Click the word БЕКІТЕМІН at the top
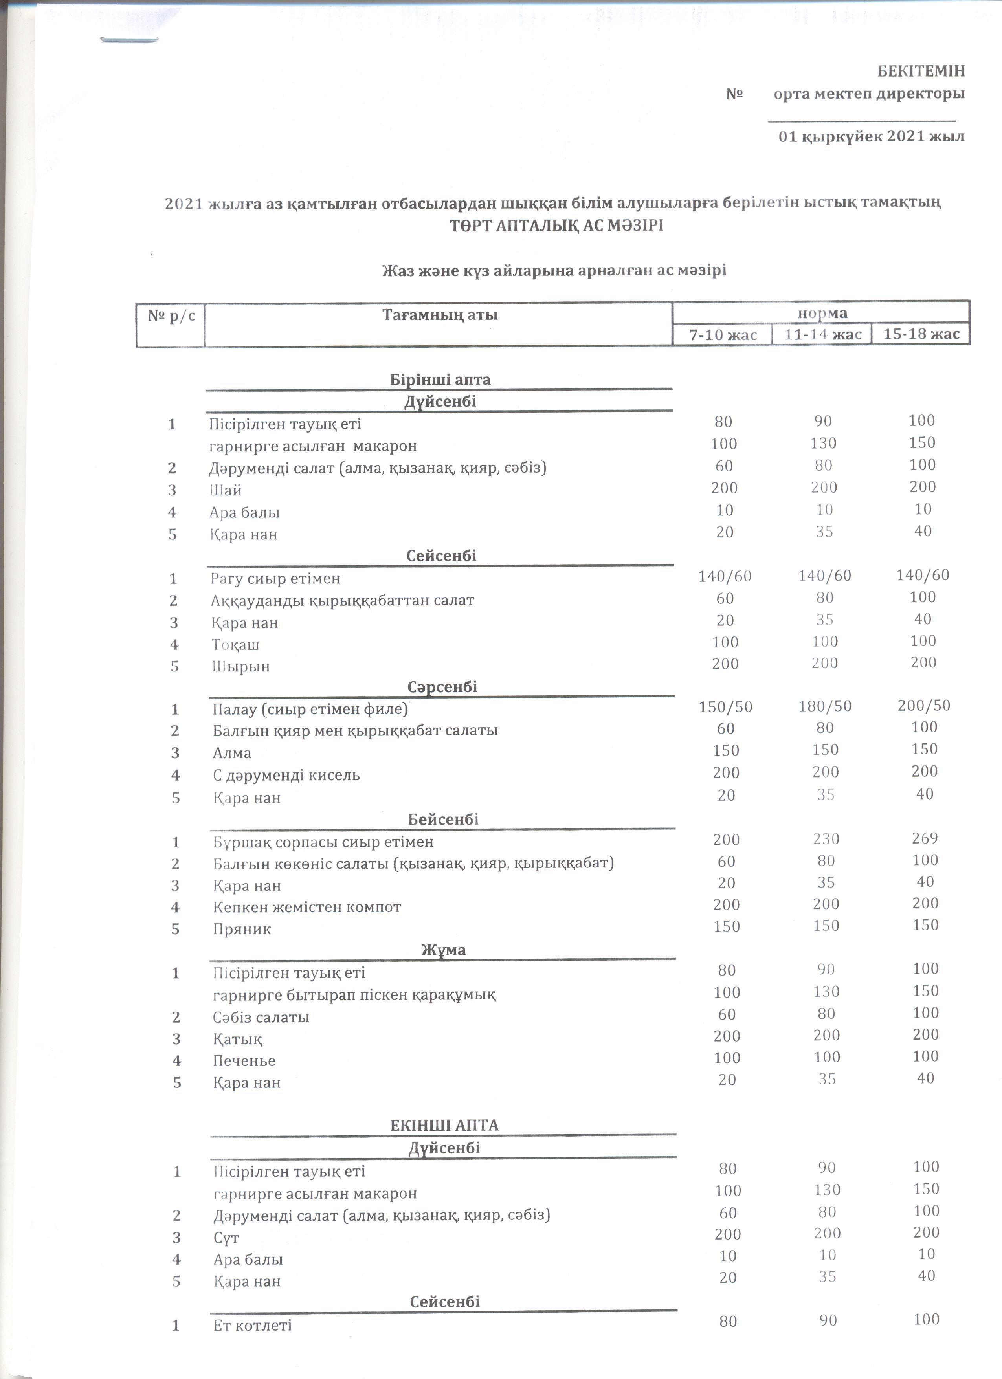tap(921, 71)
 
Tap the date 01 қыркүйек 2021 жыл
tap(871, 136)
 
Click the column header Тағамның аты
tap(440, 315)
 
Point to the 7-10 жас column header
tap(723, 335)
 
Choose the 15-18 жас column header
tap(921, 334)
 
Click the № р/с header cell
tap(171, 315)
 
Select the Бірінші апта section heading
tap(440, 380)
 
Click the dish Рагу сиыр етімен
tap(275, 578)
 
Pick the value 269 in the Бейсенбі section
tap(925, 838)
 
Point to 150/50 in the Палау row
tap(725, 706)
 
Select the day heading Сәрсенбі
tap(442, 687)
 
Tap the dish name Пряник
tap(242, 929)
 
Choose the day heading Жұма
tap(443, 950)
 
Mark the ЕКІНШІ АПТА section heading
tap(444, 1126)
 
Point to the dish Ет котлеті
tap(252, 1326)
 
